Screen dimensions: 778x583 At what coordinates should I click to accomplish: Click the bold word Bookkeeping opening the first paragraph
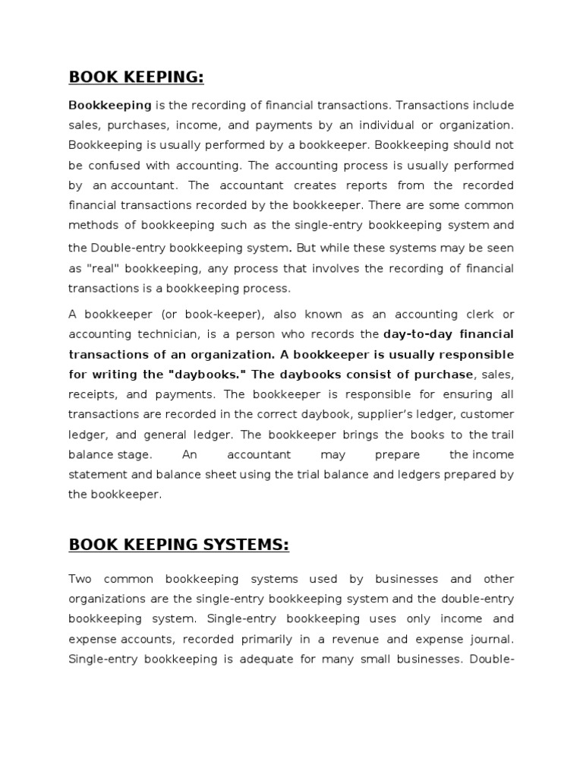tap(110, 105)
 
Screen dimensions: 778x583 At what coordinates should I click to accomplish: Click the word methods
tap(92, 226)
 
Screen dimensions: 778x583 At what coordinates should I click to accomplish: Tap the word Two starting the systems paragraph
tap(80, 579)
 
